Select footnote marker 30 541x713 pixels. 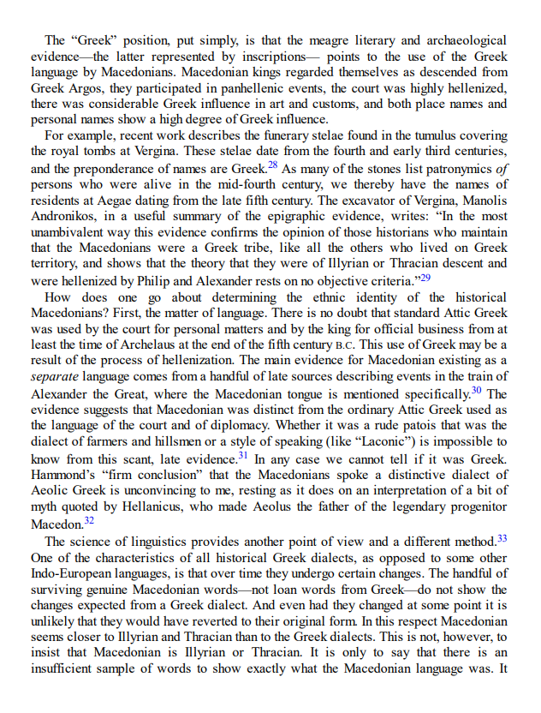(x=478, y=390)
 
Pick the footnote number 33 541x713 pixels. (x=502, y=538)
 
